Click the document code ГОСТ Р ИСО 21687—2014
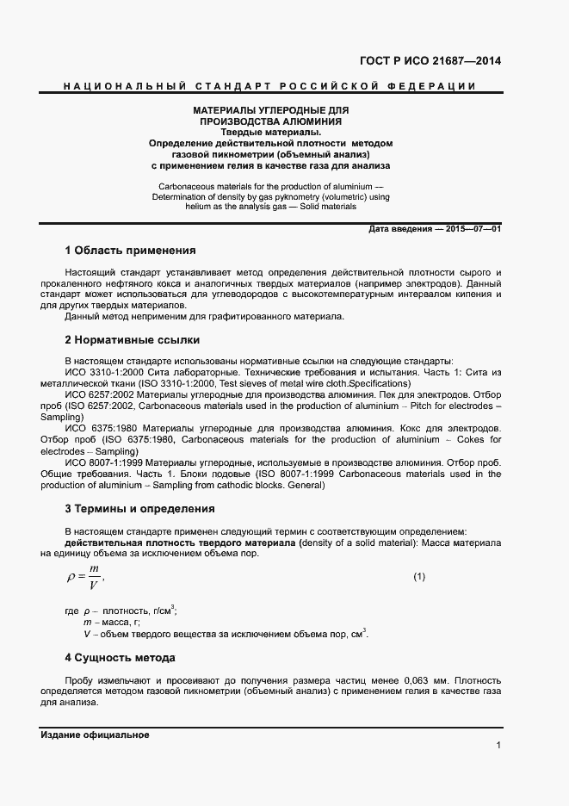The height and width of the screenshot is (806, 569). coord(430,60)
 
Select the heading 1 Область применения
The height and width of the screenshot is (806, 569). coord(130,251)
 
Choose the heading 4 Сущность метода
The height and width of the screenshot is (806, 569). coord(120,658)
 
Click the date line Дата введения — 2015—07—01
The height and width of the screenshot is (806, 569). coord(434,228)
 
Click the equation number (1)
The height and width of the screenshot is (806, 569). coord(419,576)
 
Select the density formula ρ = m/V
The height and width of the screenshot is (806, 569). coord(84,578)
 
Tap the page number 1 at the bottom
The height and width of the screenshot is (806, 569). coord(498,745)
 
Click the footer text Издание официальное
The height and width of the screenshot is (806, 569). coord(95,735)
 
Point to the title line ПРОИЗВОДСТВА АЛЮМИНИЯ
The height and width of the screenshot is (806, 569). coord(270,121)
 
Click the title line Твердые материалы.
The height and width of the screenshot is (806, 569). coord(270,132)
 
